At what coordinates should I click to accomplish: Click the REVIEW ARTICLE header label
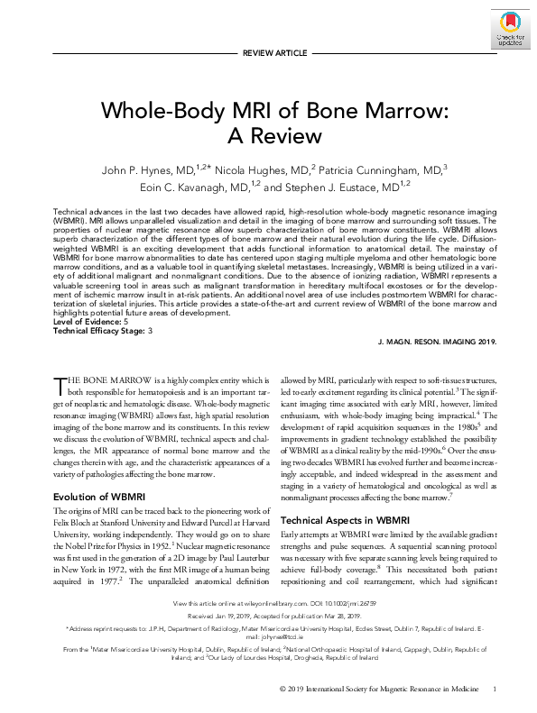pyautogui.click(x=268, y=54)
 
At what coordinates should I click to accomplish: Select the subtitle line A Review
pyautogui.click(x=268, y=136)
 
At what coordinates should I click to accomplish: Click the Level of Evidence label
pyautogui.click(x=88, y=322)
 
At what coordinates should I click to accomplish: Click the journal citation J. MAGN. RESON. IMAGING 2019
pyautogui.click(x=434, y=343)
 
